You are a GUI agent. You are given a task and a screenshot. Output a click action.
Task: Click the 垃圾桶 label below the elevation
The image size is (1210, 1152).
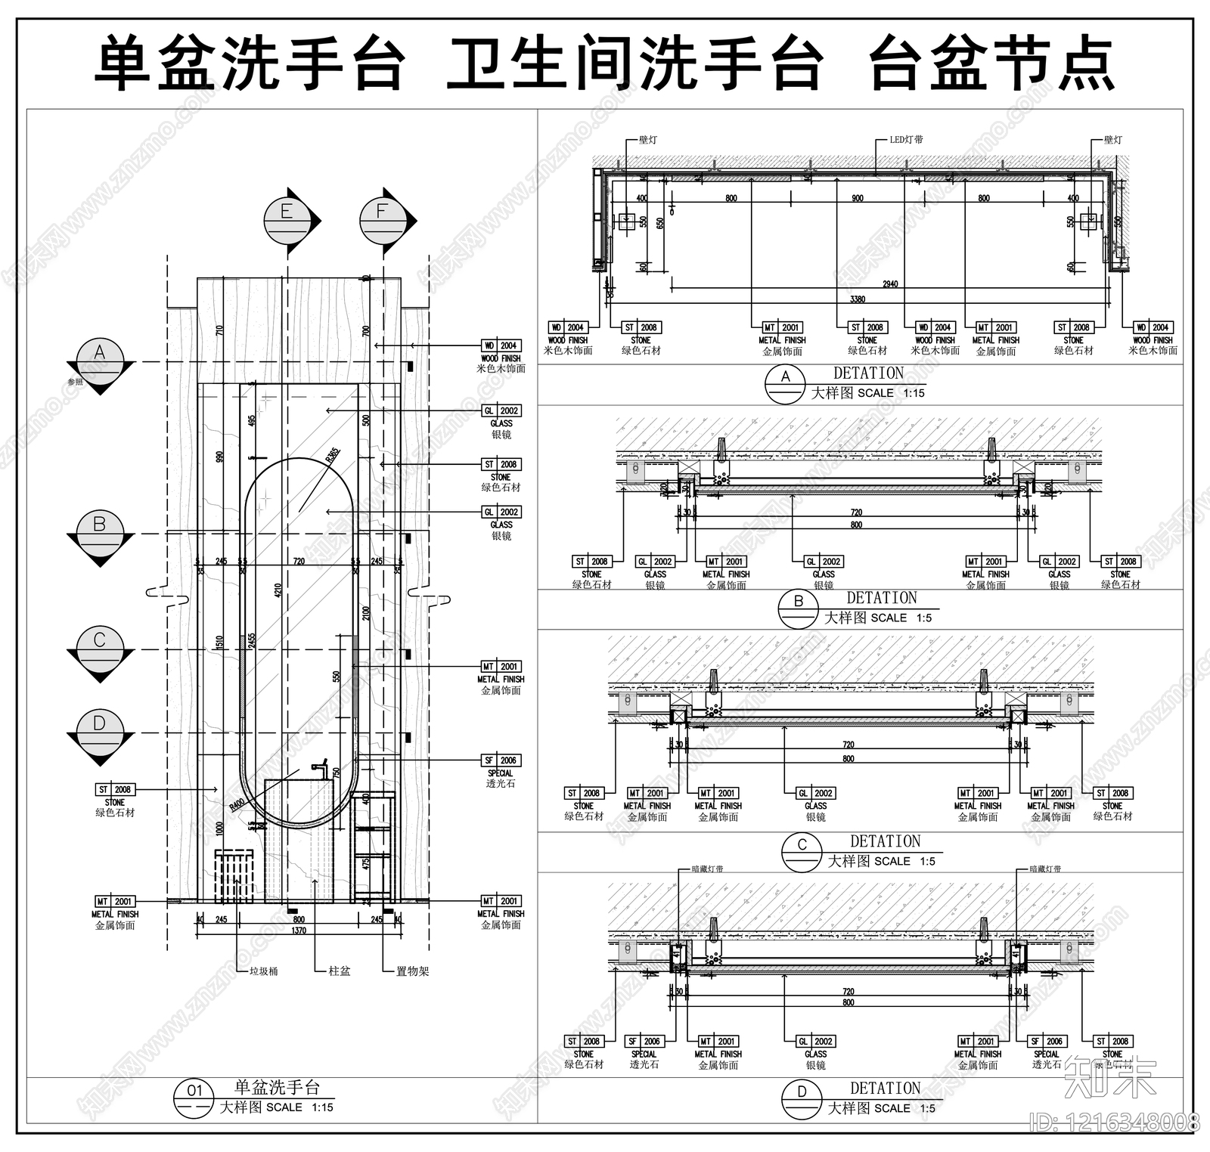tap(264, 971)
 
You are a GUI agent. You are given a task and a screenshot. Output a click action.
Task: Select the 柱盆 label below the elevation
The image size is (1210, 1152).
tap(340, 971)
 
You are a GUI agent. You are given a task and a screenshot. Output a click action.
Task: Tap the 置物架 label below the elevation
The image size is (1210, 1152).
tap(412, 971)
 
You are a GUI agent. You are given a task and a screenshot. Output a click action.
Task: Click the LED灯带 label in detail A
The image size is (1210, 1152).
tap(906, 140)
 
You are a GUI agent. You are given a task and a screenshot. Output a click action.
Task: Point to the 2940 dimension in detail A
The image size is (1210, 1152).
tap(889, 284)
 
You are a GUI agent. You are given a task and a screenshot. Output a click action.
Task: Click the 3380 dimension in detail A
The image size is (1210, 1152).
tap(857, 299)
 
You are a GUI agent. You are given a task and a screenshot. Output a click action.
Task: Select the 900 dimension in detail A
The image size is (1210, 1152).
tap(857, 198)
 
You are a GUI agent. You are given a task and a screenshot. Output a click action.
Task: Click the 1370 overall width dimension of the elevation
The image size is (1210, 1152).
tap(299, 931)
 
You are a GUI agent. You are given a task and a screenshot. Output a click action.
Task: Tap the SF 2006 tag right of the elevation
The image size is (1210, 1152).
tap(501, 760)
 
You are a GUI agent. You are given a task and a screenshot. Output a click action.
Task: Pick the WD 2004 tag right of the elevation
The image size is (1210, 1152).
tap(501, 345)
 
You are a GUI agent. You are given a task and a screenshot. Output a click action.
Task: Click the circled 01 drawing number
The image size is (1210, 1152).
tap(195, 1091)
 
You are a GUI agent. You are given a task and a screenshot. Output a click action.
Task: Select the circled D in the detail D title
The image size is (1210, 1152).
tap(802, 1092)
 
